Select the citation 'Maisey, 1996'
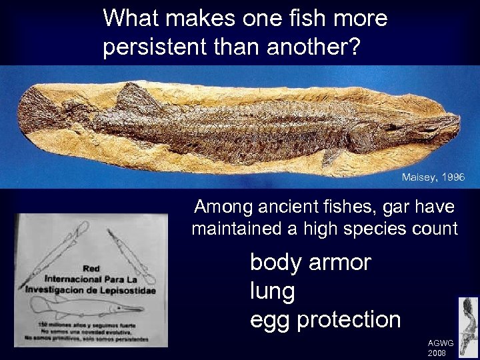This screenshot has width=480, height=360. pos(433,177)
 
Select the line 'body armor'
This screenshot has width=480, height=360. pos(309,262)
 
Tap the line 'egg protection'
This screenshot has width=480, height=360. pos(325,319)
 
